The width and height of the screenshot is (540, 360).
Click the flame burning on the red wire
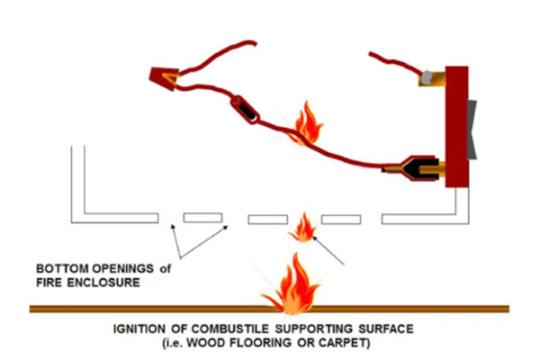[x=308, y=123]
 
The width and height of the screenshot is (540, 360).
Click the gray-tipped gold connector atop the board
[x=433, y=78]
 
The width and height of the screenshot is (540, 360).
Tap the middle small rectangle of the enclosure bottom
[x=267, y=219]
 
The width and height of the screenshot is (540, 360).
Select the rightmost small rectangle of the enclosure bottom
[x=341, y=219]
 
